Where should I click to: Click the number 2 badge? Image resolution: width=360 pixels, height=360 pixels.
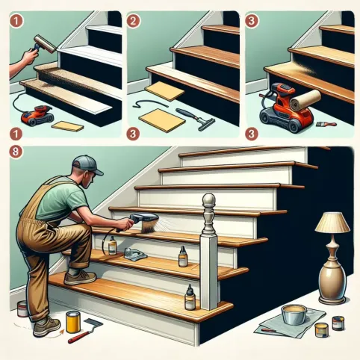133,21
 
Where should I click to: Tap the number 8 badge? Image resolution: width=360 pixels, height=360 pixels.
16,152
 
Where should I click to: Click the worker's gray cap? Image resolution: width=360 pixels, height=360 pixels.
86,165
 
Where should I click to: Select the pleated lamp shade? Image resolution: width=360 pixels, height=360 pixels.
332,222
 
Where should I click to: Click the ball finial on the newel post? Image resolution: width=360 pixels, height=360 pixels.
208,199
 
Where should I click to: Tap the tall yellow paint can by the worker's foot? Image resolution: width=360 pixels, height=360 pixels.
73,322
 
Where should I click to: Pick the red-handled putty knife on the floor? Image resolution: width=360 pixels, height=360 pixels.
85,331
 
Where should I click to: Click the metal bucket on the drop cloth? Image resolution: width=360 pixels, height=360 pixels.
294,314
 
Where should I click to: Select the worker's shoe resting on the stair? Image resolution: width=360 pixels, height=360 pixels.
80,277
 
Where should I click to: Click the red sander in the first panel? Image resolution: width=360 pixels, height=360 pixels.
37,115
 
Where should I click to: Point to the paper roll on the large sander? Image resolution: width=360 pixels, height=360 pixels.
305,99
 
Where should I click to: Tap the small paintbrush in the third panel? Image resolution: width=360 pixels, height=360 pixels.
326,124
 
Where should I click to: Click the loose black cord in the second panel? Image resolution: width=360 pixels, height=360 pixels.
149,104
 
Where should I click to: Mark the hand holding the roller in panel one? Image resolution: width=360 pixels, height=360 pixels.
30,56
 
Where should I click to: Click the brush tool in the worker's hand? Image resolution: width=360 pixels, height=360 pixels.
144,222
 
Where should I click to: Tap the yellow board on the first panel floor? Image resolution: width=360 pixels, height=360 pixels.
67,126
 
